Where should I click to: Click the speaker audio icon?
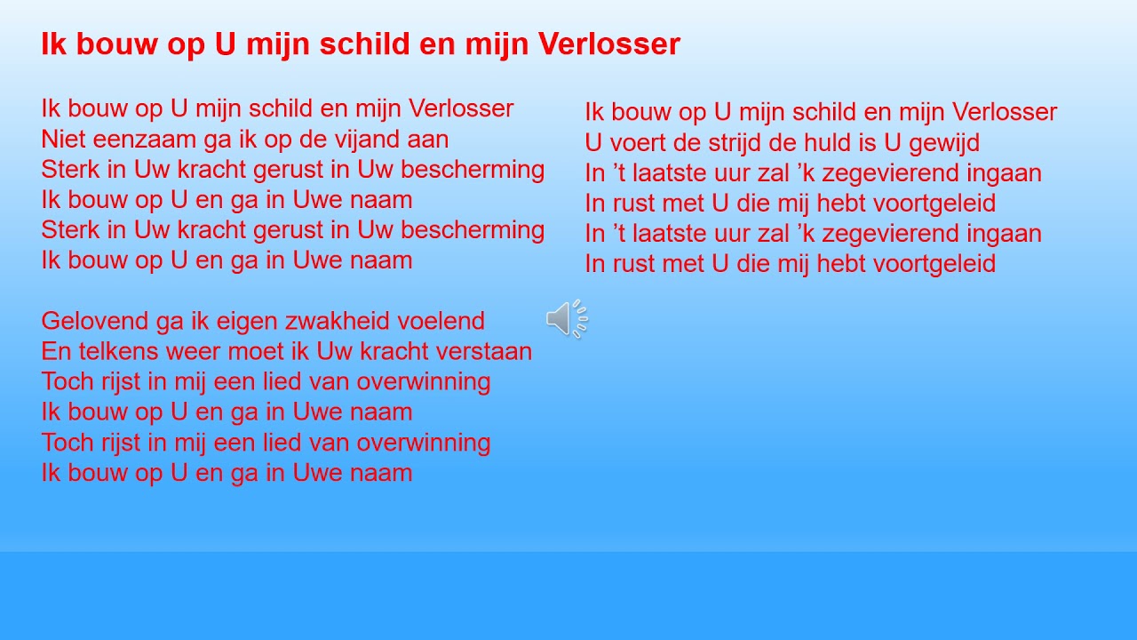pyautogui.click(x=567, y=319)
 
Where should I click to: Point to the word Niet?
pyautogui.click(x=61, y=140)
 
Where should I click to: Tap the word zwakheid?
pyautogui.click(x=352, y=321)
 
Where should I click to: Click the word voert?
pyautogui.click(x=638, y=143)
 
